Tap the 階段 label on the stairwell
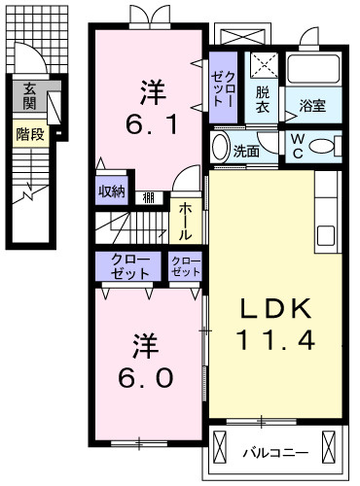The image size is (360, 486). point(30,134)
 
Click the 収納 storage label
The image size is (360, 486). point(111,191)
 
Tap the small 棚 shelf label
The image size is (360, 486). point(148,197)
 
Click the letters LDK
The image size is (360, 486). point(277,310)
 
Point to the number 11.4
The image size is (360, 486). point(277,341)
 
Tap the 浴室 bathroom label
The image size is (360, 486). point(311,105)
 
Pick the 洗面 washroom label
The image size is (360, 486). point(246,151)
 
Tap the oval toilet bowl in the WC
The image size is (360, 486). point(328,147)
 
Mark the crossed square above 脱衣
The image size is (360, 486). point(263,65)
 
